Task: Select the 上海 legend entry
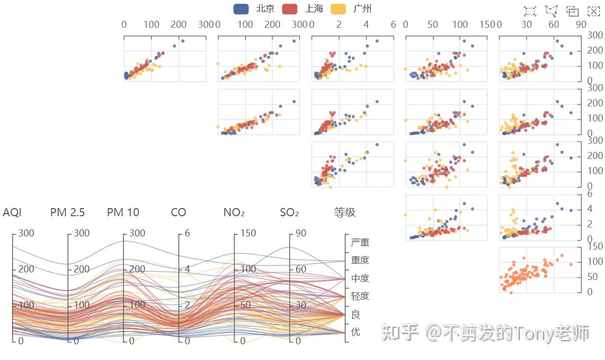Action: (x=302, y=9)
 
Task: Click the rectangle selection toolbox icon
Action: (x=530, y=11)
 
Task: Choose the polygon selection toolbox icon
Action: (x=551, y=11)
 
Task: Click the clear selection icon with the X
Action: (x=593, y=11)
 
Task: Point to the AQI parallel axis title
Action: (x=12, y=213)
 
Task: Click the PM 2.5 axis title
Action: (x=67, y=213)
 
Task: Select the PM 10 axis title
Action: (x=123, y=213)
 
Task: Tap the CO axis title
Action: (x=178, y=213)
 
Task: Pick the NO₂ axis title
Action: (x=234, y=213)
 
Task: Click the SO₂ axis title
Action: (x=289, y=213)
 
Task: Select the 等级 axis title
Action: (x=345, y=213)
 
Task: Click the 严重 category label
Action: (x=360, y=243)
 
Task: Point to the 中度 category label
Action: (x=360, y=278)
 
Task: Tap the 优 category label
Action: (x=355, y=332)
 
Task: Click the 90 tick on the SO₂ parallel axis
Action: (x=301, y=233)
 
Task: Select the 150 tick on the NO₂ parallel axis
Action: (x=248, y=233)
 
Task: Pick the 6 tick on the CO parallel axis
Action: (x=187, y=233)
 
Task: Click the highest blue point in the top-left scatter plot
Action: (x=183, y=41)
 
